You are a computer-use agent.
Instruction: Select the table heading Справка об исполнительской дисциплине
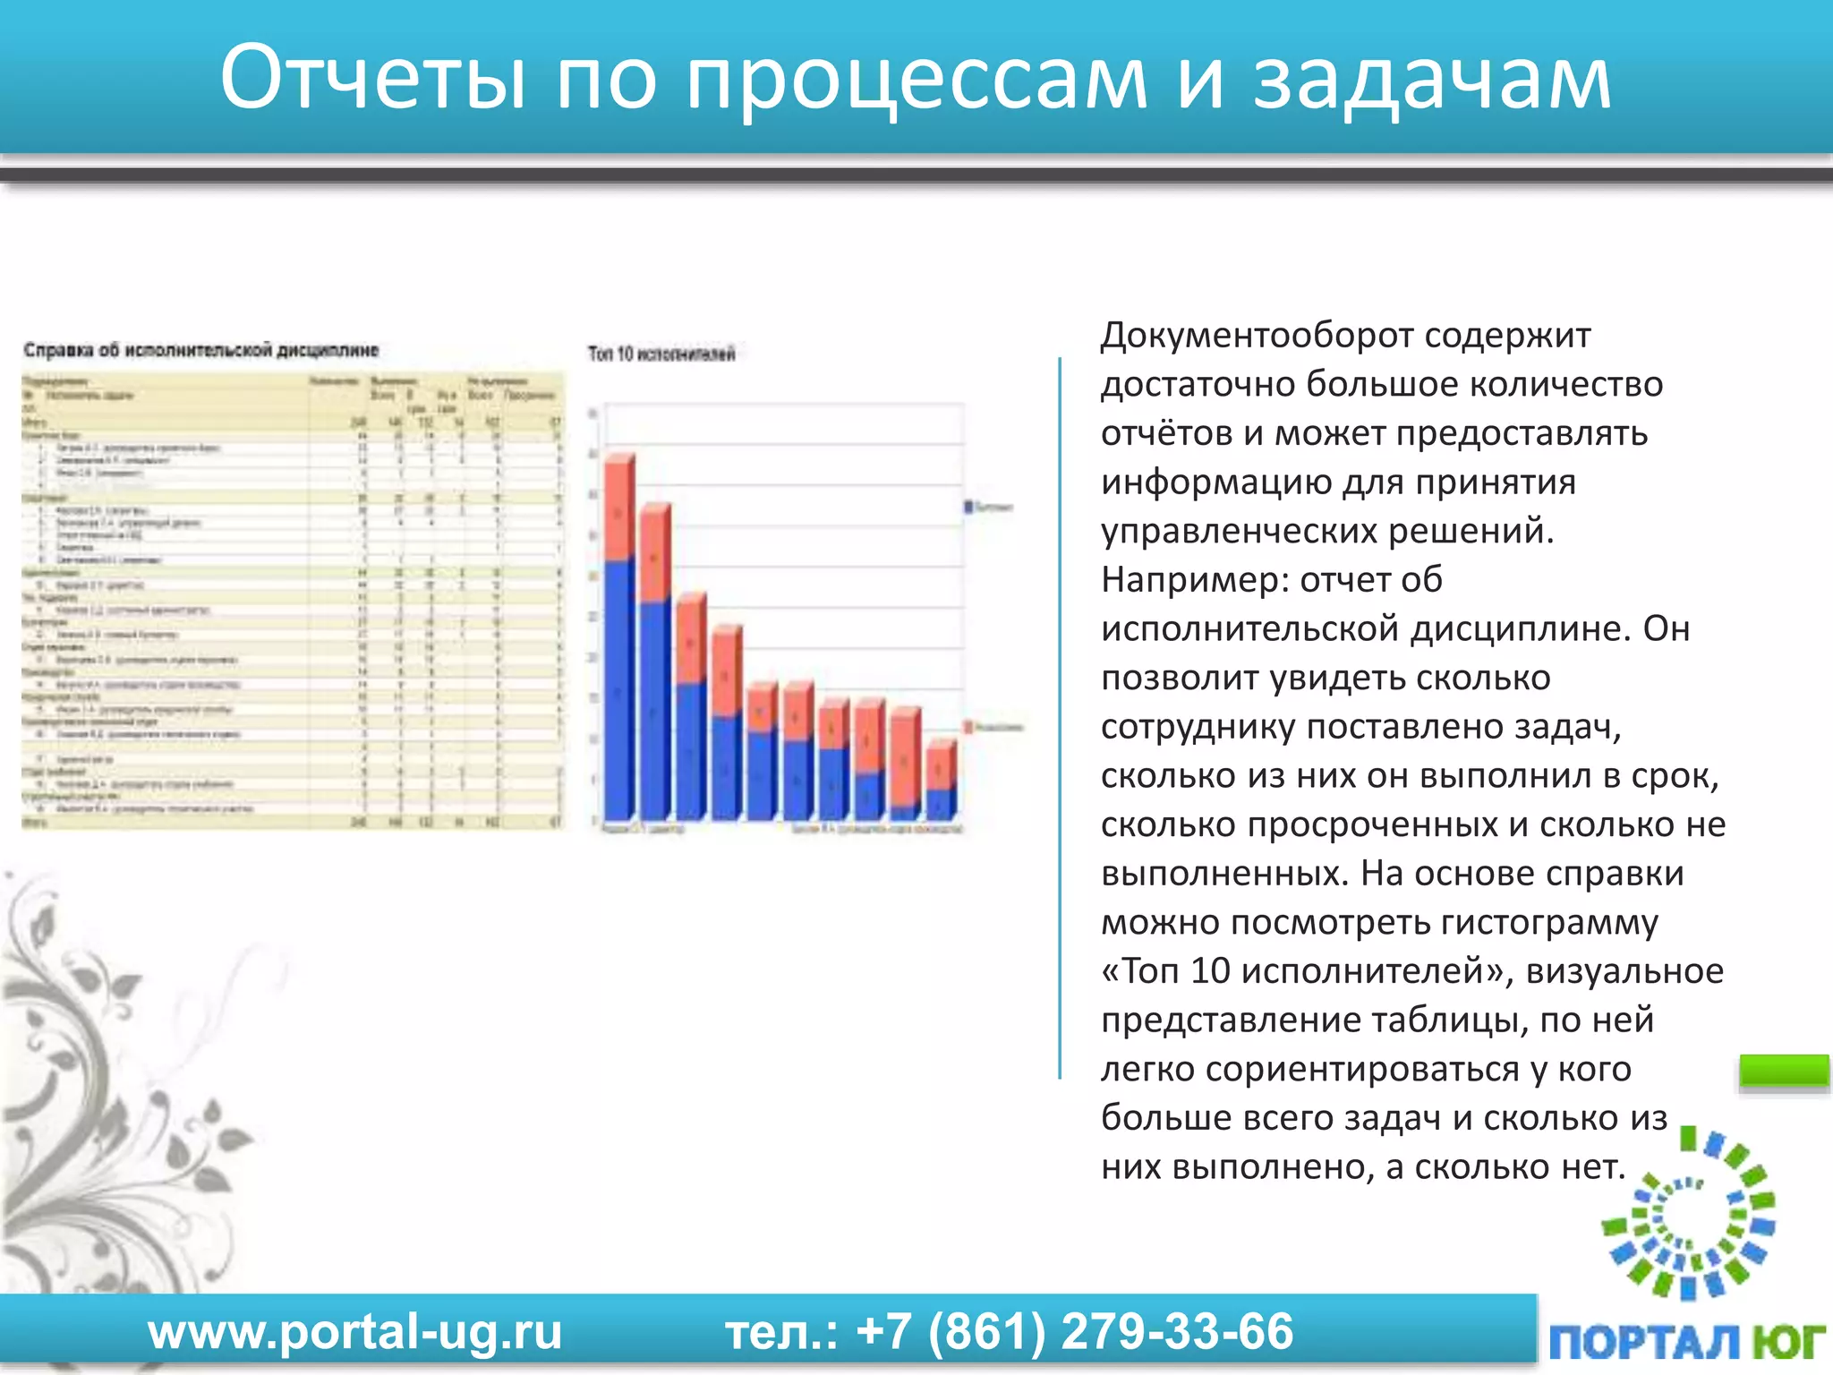[x=201, y=350]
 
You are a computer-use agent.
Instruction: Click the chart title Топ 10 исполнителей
[x=661, y=354]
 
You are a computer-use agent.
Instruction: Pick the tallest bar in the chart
[x=619, y=637]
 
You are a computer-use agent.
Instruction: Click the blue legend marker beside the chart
[x=968, y=507]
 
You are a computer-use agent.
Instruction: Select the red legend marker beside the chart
[x=968, y=727]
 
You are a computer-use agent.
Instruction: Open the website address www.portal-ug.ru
[x=355, y=1332]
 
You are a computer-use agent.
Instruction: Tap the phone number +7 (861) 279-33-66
[x=1074, y=1332]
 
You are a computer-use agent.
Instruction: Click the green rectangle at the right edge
[x=1784, y=1071]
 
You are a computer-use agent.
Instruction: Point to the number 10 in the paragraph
[x=1210, y=971]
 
